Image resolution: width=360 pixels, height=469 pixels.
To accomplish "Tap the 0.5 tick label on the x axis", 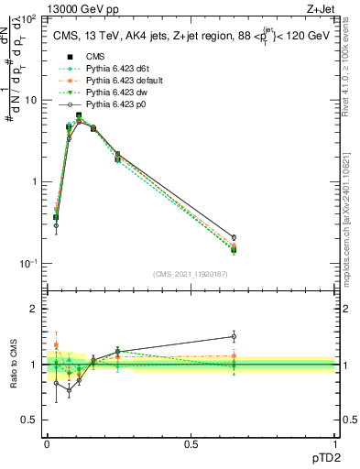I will pos(191,444).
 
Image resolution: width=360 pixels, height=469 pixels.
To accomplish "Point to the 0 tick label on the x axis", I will pos(47,444).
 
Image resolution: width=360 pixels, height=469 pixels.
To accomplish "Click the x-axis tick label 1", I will pos(334,444).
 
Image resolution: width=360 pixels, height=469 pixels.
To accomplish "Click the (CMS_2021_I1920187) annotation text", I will pos(191,274).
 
